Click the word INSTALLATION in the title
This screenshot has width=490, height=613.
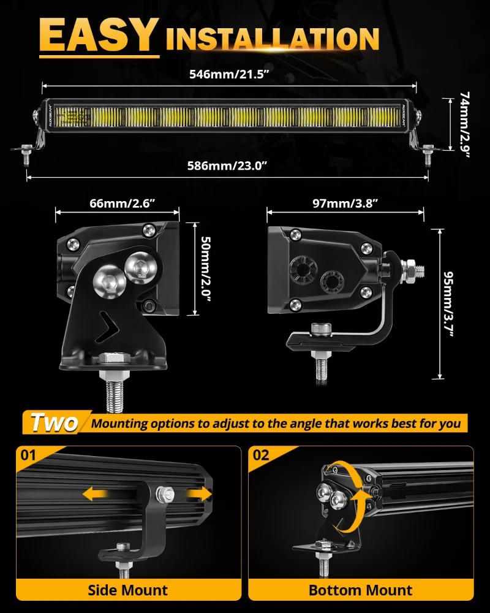click(273, 38)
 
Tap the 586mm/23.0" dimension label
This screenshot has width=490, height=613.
click(227, 166)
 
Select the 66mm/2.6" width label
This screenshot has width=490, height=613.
click(116, 203)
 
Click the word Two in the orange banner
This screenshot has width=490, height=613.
click(54, 422)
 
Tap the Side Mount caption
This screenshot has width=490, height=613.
click(127, 590)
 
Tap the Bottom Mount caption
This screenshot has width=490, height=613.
click(360, 590)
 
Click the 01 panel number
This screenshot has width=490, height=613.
click(29, 455)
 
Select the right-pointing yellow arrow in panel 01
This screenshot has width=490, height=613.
click(198, 494)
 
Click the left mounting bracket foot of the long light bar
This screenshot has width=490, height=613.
click(27, 150)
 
